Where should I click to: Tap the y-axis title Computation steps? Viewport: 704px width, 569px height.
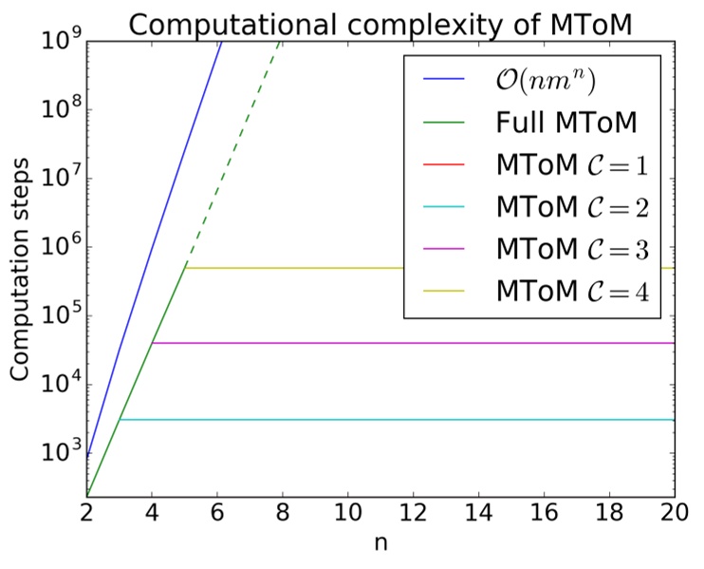(20, 269)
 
